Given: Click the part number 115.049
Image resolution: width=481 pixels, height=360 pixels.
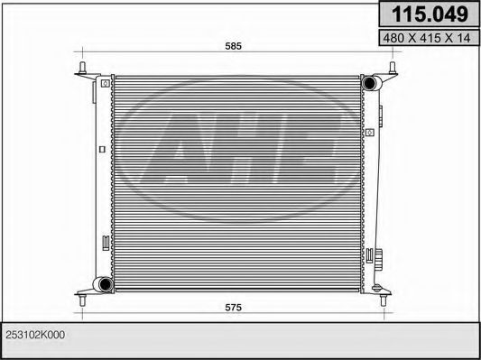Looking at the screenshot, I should (x=428, y=14).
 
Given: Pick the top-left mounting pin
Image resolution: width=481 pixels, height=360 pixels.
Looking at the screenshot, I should (x=83, y=69).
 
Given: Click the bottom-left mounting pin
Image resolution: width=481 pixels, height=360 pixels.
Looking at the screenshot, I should (x=83, y=288).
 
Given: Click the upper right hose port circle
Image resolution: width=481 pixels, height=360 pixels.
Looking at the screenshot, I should (x=369, y=84).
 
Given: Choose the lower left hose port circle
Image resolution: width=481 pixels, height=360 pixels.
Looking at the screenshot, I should (x=105, y=286).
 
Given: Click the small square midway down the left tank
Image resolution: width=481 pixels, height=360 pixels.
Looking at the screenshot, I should (x=99, y=148).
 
